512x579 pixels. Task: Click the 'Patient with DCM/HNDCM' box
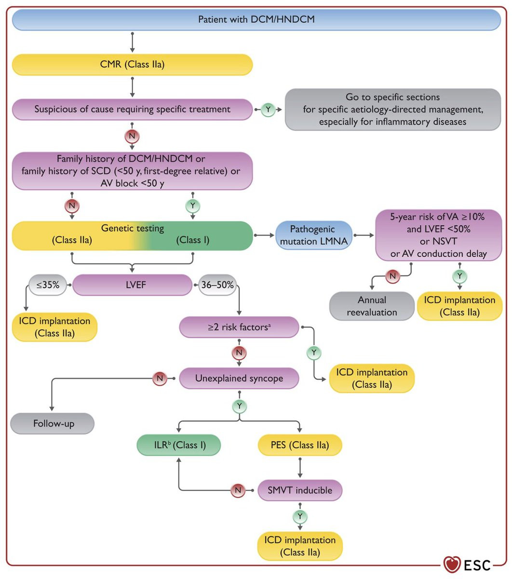click(256, 20)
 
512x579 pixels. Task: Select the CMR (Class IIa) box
click(132, 64)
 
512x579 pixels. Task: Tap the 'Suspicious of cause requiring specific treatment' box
click(132, 109)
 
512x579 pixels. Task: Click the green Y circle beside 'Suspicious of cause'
click(268, 110)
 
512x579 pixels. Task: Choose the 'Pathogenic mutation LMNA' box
click(312, 235)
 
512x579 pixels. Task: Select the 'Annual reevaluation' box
click(371, 306)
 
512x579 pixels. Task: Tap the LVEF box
click(132, 285)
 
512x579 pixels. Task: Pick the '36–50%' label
click(218, 285)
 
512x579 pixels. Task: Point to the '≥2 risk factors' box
click(239, 328)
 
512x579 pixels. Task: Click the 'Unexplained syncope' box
click(239, 378)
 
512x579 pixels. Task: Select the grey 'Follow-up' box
click(53, 424)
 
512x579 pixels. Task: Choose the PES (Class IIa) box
click(300, 445)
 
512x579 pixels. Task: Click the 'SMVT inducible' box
click(300, 490)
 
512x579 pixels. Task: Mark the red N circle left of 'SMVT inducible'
click(237, 490)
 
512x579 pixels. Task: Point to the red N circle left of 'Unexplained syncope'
click(160, 378)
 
